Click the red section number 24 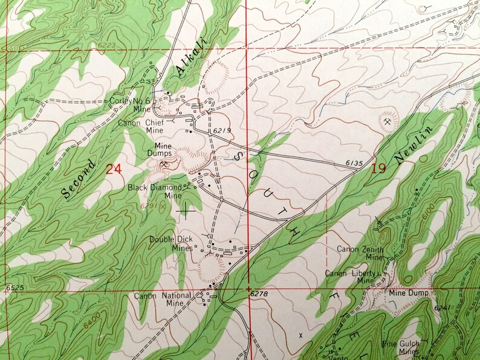click(114, 169)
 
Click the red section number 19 click(379, 169)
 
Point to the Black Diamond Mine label click(155, 191)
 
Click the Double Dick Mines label click(172, 243)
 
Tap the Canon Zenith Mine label click(361, 252)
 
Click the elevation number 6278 click(258, 294)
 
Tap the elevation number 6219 click(222, 130)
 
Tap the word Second click(78, 179)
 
